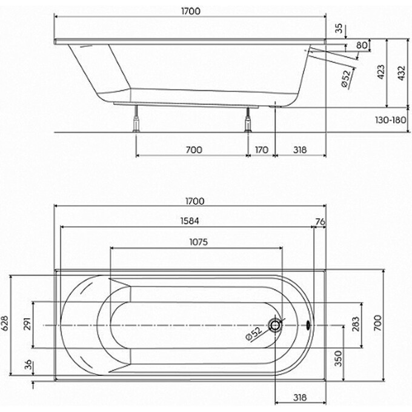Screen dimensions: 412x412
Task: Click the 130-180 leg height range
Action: [391, 120]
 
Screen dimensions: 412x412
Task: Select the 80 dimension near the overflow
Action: [362, 45]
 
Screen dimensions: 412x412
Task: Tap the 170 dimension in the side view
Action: [262, 148]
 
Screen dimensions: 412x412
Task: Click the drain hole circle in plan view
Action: [276, 325]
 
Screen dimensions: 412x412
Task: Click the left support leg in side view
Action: [137, 120]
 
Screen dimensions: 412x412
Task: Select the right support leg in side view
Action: [247, 120]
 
